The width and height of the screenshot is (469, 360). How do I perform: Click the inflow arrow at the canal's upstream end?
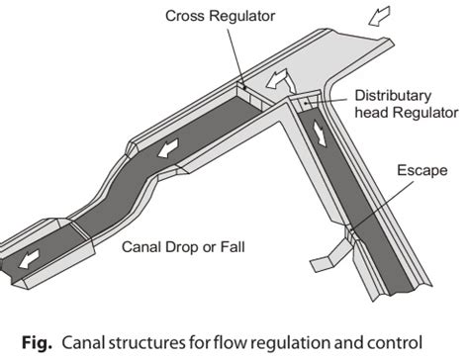379,16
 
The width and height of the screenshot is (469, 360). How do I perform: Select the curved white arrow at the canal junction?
280,81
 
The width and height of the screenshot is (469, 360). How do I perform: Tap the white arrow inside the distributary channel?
320,134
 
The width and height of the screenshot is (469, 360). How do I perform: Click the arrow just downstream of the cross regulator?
168,148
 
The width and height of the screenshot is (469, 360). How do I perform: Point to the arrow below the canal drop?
29,259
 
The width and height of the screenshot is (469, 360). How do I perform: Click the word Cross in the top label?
186,16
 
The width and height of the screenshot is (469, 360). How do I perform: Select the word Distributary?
393,96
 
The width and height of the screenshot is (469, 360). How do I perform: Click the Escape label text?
422,170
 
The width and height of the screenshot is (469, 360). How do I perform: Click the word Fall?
233,247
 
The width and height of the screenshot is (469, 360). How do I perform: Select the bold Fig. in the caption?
37,343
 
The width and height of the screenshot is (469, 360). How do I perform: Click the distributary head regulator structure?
304,101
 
